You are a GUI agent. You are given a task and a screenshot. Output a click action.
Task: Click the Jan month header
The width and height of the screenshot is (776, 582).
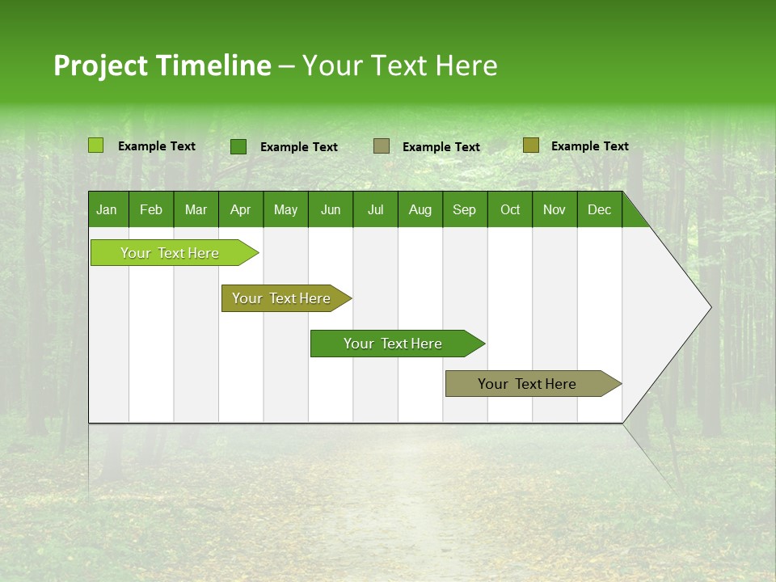(108, 209)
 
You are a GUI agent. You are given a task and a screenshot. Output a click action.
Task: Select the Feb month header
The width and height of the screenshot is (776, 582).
(151, 209)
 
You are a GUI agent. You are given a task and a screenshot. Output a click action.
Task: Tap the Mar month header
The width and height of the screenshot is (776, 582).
(196, 209)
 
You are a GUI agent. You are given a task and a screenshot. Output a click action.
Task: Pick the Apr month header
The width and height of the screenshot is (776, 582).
(241, 209)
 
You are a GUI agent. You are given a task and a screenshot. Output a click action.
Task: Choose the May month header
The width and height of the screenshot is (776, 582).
(285, 209)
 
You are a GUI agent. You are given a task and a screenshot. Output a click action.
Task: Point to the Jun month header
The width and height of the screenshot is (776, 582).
(331, 209)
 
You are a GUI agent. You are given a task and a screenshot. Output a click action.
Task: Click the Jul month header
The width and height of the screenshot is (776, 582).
(375, 209)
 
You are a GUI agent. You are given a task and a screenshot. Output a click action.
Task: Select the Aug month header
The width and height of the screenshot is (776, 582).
(420, 209)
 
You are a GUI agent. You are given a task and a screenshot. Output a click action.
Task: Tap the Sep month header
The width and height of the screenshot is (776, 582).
(465, 209)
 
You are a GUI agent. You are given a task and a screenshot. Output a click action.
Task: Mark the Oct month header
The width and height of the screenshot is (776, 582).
(510, 209)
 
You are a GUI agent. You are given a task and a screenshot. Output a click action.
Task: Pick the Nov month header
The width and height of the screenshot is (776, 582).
(555, 209)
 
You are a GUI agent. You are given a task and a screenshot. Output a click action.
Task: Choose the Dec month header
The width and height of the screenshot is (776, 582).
(600, 209)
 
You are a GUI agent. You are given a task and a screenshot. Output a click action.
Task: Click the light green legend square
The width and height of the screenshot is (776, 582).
(96, 145)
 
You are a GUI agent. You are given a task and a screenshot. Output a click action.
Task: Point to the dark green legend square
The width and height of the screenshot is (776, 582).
(238, 146)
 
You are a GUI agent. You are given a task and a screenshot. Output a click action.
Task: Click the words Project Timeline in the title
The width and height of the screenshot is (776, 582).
(162, 65)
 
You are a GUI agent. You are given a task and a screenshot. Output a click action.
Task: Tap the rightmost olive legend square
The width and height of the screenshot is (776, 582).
(531, 145)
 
